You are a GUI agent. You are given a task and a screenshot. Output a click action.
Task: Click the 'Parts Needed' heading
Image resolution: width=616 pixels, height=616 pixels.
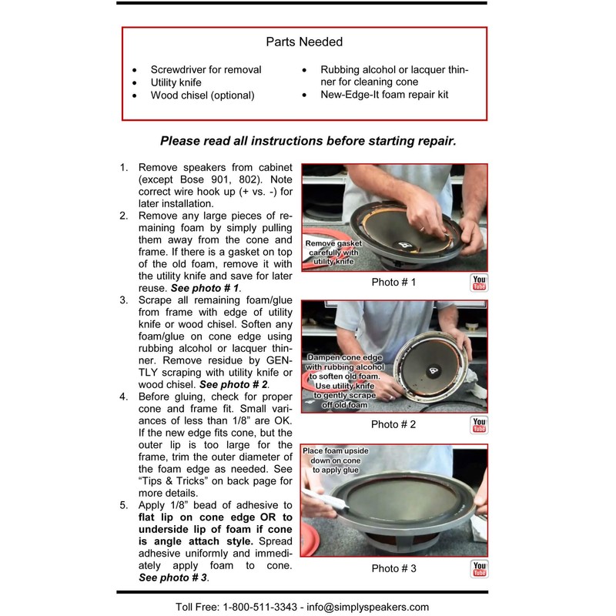304,42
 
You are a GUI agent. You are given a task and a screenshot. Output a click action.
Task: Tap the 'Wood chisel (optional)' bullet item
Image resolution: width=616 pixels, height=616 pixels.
202,96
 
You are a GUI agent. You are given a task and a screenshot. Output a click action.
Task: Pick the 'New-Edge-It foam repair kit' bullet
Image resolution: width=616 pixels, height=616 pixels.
384,95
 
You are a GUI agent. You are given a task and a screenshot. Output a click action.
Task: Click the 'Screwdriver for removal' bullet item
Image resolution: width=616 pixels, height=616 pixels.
206,69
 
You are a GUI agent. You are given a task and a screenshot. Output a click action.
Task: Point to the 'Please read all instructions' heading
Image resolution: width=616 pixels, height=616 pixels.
308,141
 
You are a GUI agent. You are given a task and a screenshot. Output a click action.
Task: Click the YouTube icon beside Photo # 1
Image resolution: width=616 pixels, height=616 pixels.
479,283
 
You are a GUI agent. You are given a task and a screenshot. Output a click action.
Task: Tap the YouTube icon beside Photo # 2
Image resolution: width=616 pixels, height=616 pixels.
479,425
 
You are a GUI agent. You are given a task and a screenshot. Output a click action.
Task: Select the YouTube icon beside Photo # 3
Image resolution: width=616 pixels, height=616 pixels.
479,569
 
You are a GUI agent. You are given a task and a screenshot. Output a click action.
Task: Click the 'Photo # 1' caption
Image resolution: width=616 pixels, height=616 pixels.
393,283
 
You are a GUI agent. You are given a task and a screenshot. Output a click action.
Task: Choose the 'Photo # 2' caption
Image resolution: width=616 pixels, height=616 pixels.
393,424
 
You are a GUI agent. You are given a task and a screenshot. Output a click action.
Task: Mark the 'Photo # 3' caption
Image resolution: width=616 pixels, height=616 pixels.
393,569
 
